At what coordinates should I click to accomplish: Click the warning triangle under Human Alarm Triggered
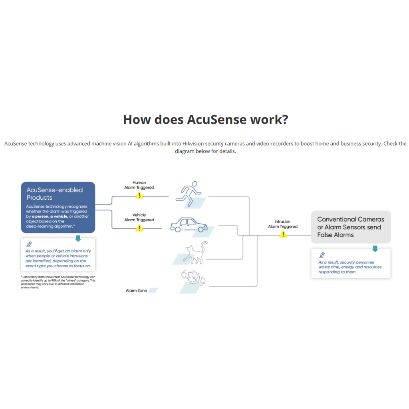coord(139,195)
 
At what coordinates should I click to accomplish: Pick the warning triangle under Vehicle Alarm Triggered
coord(139,228)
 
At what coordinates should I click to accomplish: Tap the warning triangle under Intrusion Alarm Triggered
coord(283,234)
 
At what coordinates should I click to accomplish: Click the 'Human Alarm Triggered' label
coord(139,185)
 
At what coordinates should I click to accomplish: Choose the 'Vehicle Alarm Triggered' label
coord(139,217)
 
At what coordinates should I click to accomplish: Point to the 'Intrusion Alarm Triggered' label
coord(282,224)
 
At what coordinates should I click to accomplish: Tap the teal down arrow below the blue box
coord(78,238)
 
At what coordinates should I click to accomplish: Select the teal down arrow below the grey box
coord(375,248)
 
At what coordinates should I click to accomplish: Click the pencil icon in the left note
coord(29,244)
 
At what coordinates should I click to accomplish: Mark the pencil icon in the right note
coord(322,255)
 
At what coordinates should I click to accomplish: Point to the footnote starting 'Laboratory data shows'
coord(58,282)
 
